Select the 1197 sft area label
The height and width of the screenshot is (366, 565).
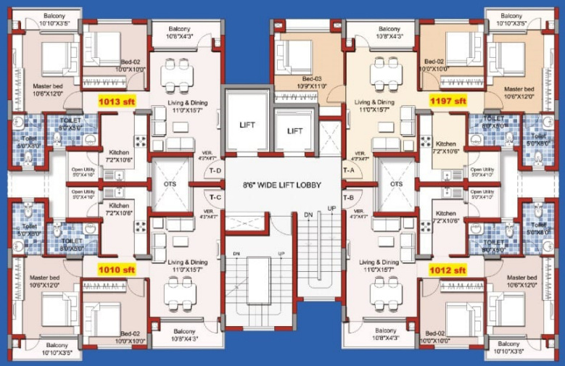tap(448, 101)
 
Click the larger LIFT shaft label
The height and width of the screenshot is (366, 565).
tap(247, 125)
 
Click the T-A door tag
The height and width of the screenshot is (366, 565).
tap(348, 171)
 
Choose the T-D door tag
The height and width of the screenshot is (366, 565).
tap(215, 171)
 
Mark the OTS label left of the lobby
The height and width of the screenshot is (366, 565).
tap(169, 184)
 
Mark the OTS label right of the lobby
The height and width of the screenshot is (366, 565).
tap(396, 184)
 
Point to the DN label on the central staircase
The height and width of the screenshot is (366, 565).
tap(308, 215)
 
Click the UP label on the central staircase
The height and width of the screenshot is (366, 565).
tap(332, 209)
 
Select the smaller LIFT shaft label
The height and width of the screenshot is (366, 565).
tap(294, 131)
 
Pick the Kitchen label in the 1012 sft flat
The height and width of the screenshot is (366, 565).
tap(447, 213)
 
